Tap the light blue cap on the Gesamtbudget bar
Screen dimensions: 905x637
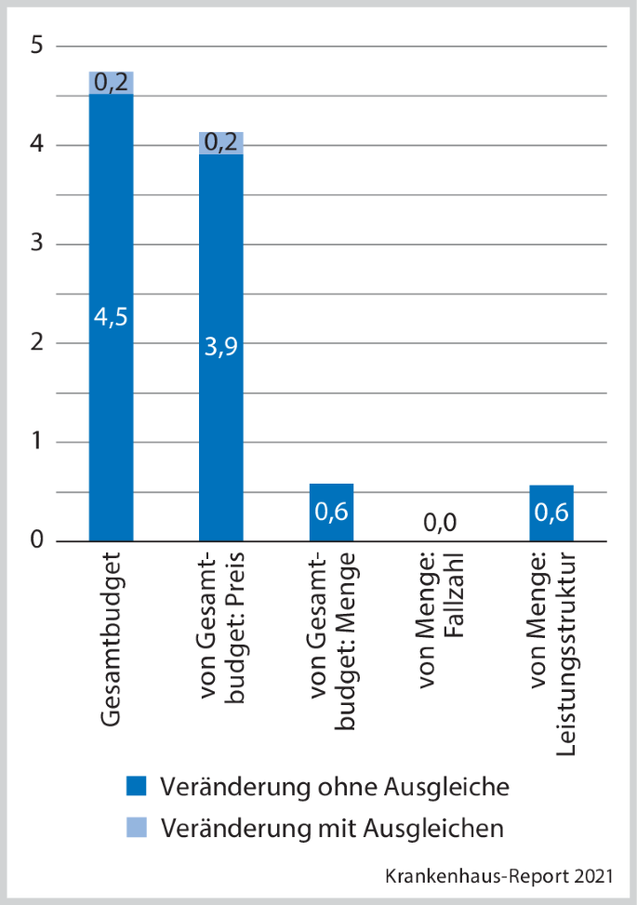click(111, 83)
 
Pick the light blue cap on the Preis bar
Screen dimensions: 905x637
click(220, 142)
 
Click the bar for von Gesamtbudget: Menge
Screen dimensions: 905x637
click(331, 512)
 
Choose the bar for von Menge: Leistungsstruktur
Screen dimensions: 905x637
click(551, 513)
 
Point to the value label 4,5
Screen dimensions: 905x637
click(111, 316)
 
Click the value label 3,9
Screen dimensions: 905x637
click(220, 346)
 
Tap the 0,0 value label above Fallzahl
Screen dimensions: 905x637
click(441, 524)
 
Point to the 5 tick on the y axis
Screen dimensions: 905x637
click(36, 46)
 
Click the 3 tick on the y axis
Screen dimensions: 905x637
click(36, 244)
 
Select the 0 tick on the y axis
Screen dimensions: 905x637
click(36, 540)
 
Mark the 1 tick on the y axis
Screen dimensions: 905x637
click(36, 442)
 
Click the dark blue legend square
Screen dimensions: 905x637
click(136, 787)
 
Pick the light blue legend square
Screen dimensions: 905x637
click(136, 827)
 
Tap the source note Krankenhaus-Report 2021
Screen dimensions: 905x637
click(498, 876)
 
